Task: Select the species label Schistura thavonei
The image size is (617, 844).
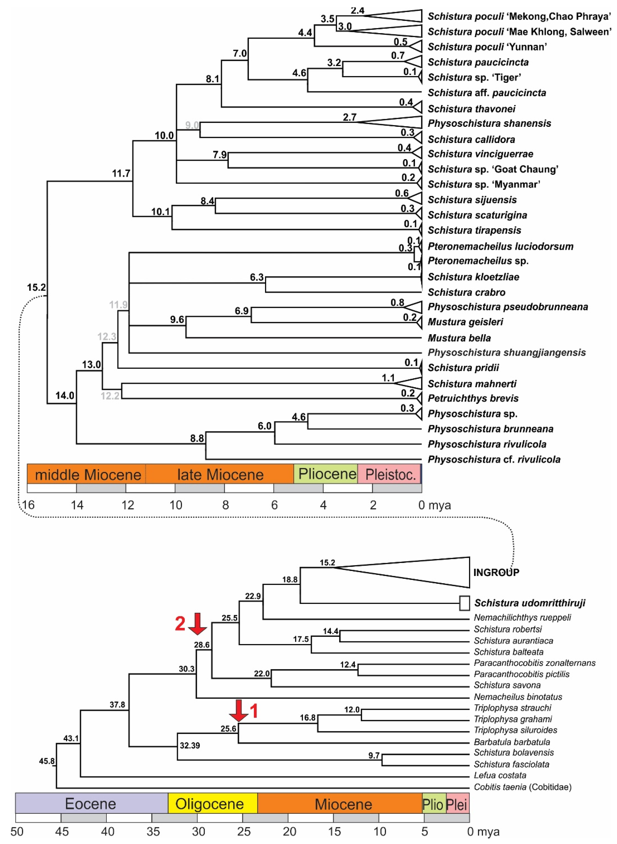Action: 471,109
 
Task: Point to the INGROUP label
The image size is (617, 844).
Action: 496,572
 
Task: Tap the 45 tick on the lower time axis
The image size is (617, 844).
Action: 62,832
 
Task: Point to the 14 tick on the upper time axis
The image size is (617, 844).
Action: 77,505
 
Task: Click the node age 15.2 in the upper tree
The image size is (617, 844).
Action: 36,287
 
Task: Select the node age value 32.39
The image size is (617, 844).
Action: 190,745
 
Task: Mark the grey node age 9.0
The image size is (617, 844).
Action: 192,125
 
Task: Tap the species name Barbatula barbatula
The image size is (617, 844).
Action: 512,742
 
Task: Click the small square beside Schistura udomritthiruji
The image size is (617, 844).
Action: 464,603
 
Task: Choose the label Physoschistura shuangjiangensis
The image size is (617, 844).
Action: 506,352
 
